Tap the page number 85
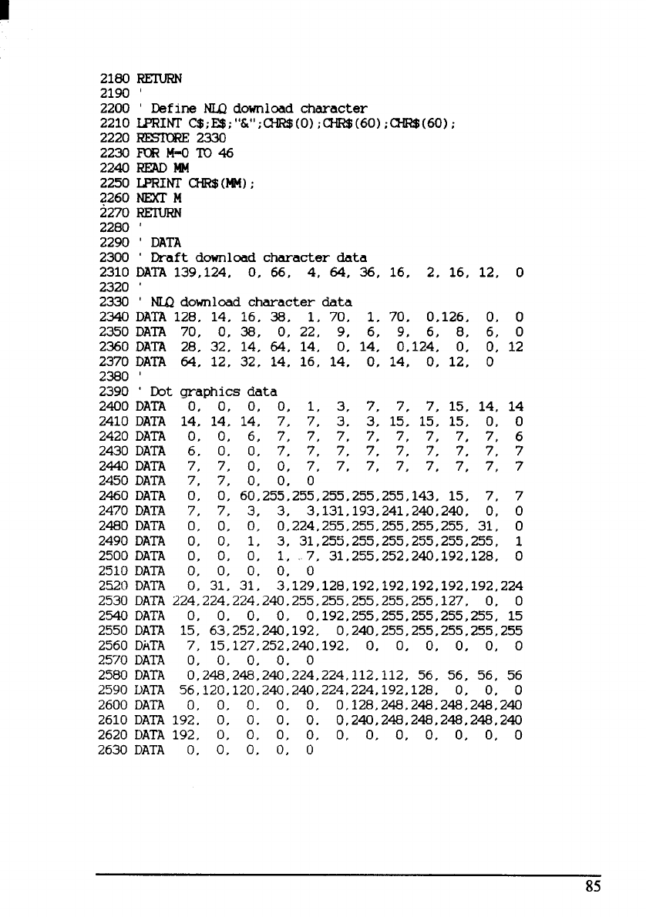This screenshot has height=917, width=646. [593, 886]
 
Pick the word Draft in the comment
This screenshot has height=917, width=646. [166, 257]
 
